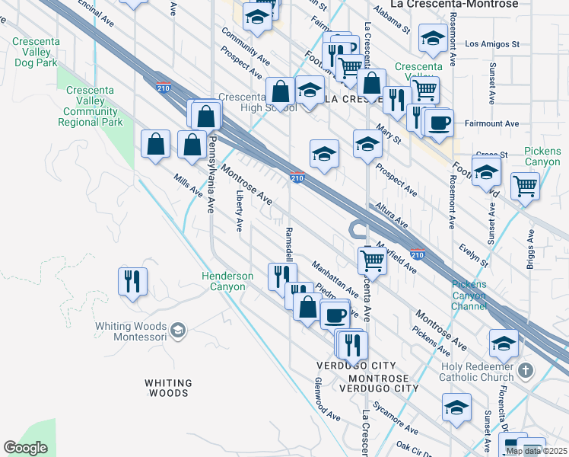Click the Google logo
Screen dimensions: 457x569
[x=26, y=448]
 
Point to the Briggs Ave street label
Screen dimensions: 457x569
[x=530, y=243]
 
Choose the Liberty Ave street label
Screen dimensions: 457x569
[x=240, y=213]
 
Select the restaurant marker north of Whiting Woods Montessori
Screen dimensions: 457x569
[x=132, y=281]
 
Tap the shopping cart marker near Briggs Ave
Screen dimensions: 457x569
[x=525, y=185]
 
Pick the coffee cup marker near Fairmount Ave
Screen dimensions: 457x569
[x=440, y=123]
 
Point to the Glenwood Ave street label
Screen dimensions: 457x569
[x=328, y=401]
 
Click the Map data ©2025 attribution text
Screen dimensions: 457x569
[x=536, y=450]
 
